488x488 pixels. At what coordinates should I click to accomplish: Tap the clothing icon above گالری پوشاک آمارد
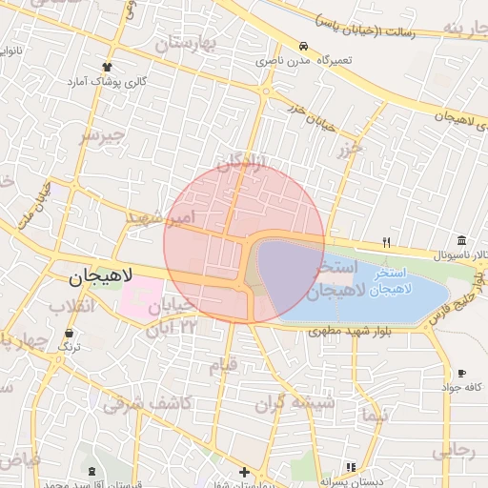(x=106, y=67)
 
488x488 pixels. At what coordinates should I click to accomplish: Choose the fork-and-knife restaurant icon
(x=386, y=241)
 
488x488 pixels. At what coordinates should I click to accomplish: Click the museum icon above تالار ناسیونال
(x=461, y=240)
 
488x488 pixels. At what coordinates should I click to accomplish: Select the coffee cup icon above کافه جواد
(x=462, y=373)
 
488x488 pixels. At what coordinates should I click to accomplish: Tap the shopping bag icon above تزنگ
(x=69, y=334)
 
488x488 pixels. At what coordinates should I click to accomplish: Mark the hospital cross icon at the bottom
(x=245, y=472)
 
